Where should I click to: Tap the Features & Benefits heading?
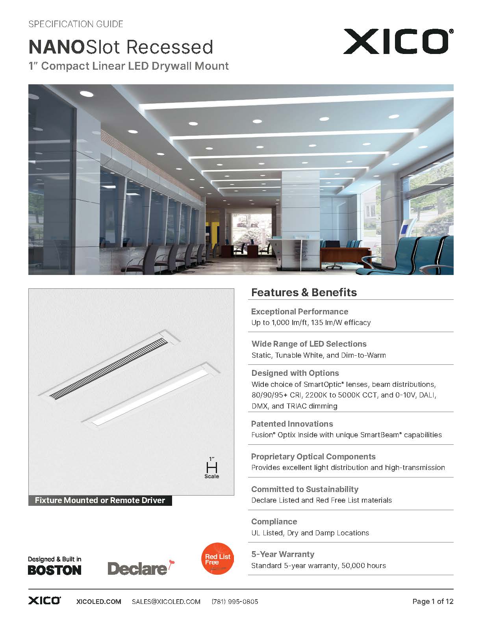304,292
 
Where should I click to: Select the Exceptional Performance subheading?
300,312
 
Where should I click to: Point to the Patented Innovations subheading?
292,424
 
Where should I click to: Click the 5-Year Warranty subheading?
283,554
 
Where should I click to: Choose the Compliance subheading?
274,522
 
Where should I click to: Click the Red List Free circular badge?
217,559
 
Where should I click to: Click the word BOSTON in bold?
55,570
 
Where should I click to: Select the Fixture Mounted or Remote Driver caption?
100,500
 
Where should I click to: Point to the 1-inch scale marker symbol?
212,467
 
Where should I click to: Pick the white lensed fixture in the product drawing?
152,394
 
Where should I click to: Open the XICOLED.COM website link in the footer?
98,602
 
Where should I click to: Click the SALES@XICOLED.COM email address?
166,602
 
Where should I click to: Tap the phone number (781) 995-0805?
235,602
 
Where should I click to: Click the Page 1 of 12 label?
433,602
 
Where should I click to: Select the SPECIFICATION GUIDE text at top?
76,24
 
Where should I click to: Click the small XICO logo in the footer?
44,601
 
